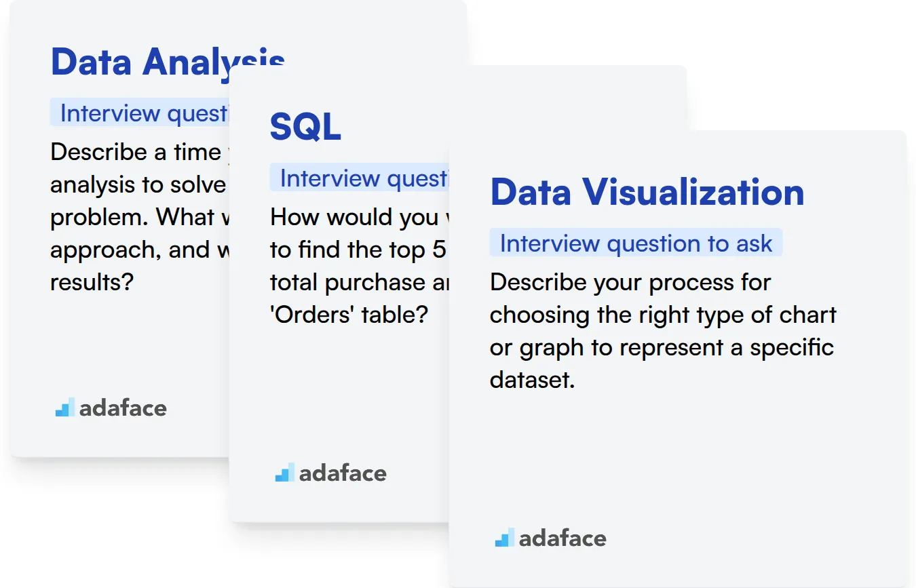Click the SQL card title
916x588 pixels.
tap(305, 126)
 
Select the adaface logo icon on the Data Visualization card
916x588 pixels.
tap(504, 538)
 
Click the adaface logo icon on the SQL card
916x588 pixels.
tap(284, 473)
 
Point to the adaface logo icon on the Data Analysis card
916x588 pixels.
tap(64, 408)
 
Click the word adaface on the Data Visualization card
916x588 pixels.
tap(562, 538)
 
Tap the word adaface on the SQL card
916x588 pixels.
tap(342, 473)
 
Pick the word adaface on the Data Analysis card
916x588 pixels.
tap(122, 408)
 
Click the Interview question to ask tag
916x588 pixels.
tap(636, 243)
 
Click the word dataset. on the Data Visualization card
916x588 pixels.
tap(532, 380)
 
